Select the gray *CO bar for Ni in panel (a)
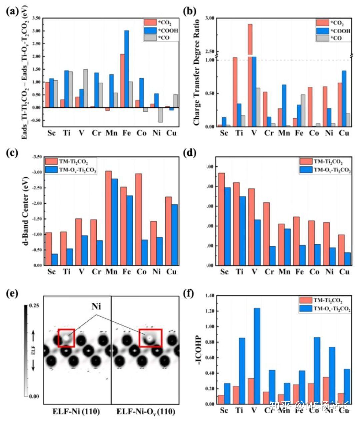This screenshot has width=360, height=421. tap(160, 115)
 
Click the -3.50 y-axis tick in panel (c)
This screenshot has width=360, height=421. tap(36, 157)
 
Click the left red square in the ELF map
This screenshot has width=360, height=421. tap(66, 338)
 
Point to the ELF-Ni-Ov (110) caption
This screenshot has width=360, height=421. tap(145, 412)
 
